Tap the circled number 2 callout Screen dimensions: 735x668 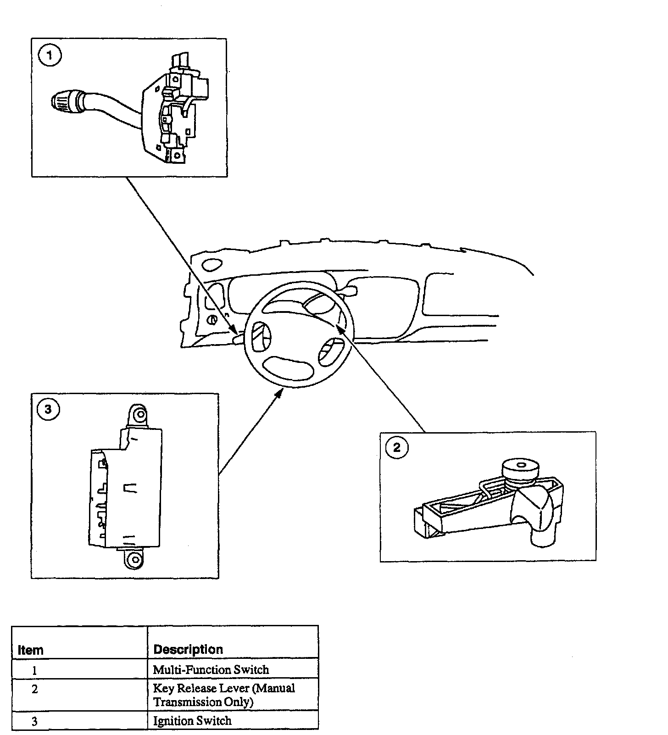tap(397, 447)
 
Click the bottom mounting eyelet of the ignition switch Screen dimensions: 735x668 tap(134, 559)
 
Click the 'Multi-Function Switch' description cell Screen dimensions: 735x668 tap(211, 669)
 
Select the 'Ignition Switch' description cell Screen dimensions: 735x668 tap(192, 721)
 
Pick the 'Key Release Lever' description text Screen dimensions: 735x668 tap(224, 695)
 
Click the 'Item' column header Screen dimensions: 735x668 tap(31, 650)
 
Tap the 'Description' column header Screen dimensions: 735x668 tap(188, 649)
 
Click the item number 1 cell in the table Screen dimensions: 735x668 tap(34, 670)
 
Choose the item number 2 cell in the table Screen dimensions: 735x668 tap(34, 689)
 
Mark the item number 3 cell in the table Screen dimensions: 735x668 tap(34, 721)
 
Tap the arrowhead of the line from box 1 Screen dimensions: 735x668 tap(234, 331)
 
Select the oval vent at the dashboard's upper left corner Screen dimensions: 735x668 tap(211, 265)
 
